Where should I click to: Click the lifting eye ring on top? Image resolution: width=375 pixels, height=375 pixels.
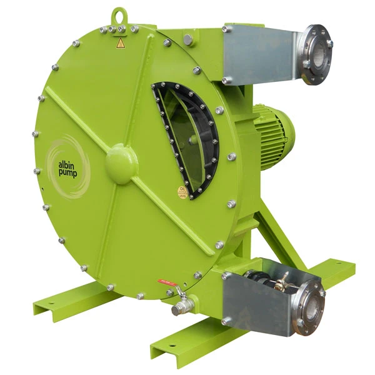(x=118, y=14)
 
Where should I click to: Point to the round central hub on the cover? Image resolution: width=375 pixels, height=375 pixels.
(x=121, y=163)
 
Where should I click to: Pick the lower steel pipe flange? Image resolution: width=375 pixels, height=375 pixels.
(x=310, y=307)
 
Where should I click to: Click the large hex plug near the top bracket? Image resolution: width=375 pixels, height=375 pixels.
(x=188, y=39)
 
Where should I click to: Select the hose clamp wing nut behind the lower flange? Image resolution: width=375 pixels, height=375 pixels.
(x=284, y=280)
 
